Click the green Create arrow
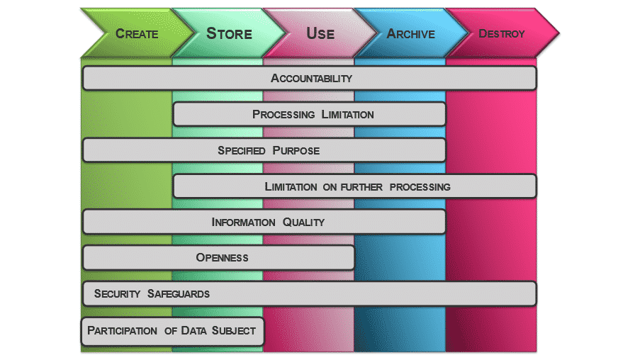(137, 33)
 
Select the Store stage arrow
(229, 33)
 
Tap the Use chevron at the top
(320, 33)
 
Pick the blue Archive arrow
(411, 33)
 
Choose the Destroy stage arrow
(502, 33)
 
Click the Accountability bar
(310, 78)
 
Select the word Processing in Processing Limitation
(283, 114)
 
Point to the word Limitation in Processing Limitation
(347, 114)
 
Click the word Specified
(242, 151)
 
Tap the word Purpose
(296, 151)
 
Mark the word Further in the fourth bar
(361, 187)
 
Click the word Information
(243, 223)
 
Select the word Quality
(303, 223)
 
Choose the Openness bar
(218, 257)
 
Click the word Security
(117, 294)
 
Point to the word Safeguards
(179, 294)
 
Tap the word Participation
(122, 331)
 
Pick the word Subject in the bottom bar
(234, 331)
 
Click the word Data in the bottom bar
(194, 331)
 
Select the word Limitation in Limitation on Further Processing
(291, 187)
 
